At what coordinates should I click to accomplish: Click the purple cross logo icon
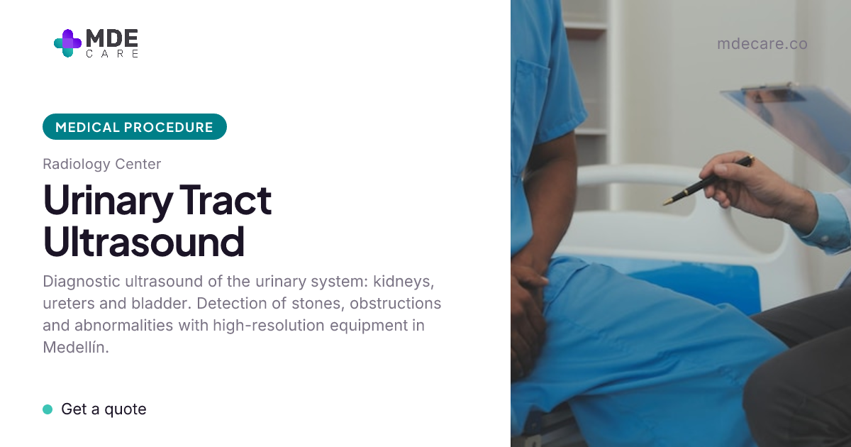[x=67, y=43]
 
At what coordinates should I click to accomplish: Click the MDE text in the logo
[x=112, y=38]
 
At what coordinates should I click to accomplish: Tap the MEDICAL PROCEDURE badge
[x=135, y=126]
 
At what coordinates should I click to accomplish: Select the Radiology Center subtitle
[x=102, y=164]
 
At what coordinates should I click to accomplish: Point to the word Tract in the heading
[x=226, y=199]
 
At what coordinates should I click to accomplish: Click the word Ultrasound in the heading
[x=143, y=241]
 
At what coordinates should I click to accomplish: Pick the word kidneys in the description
[x=404, y=282]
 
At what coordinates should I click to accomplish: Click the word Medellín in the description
[x=76, y=348]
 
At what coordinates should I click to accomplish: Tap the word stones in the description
[x=318, y=304]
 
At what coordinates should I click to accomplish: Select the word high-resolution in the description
[x=269, y=326]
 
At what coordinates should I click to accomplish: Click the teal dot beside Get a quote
[x=48, y=409]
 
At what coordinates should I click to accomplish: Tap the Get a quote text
[x=104, y=409]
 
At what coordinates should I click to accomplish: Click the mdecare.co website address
[x=762, y=44]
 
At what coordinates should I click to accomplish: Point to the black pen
[x=709, y=180]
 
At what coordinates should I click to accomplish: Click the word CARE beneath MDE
[x=112, y=54]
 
